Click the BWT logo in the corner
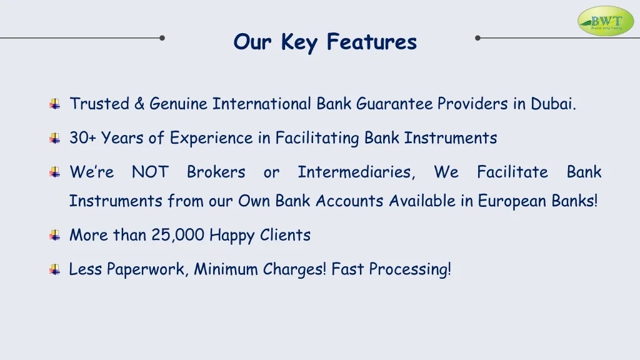pos(606,21)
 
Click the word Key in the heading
pos(299,42)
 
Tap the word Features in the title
pos(371,42)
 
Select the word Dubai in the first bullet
pos(553,104)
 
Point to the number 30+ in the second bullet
pos(83,138)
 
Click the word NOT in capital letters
pos(150,172)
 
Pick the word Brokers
pos(216,172)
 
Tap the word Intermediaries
pos(356,172)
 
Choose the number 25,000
pos(178,235)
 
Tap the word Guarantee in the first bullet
pos(394,104)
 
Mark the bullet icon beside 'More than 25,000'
pos(55,236)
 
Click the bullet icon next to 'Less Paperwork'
pos(55,269)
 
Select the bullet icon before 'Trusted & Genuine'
pos(55,104)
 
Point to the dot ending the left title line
pos(162,38)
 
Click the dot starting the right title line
pos(477,38)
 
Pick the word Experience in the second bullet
pos(211,139)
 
